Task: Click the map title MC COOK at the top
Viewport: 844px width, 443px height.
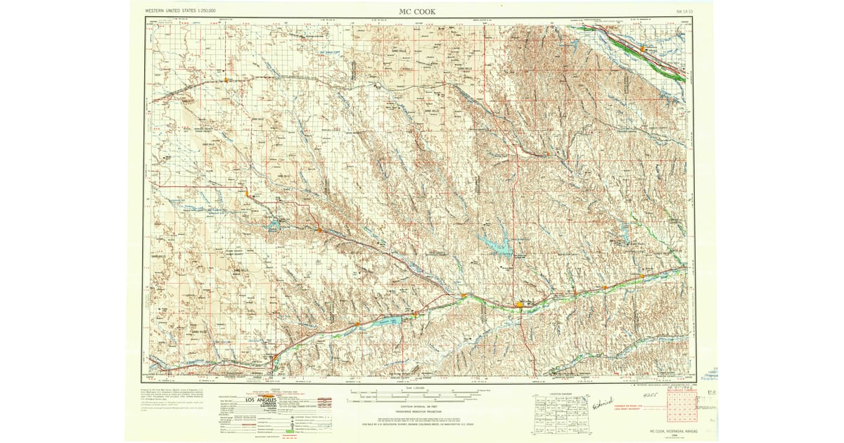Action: pos(417,11)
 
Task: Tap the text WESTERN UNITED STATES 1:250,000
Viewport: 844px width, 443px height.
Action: pos(181,12)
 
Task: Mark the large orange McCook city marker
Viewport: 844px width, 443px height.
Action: pos(520,304)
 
